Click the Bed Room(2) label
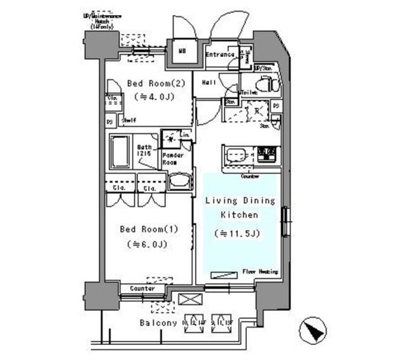150,83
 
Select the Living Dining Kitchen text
240,207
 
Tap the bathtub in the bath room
120,151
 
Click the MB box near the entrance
182,52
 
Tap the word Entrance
220,54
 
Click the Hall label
209,83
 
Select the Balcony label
158,323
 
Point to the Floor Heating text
260,272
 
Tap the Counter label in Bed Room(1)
142,289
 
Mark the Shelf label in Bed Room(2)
129,121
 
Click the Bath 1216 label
144,150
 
